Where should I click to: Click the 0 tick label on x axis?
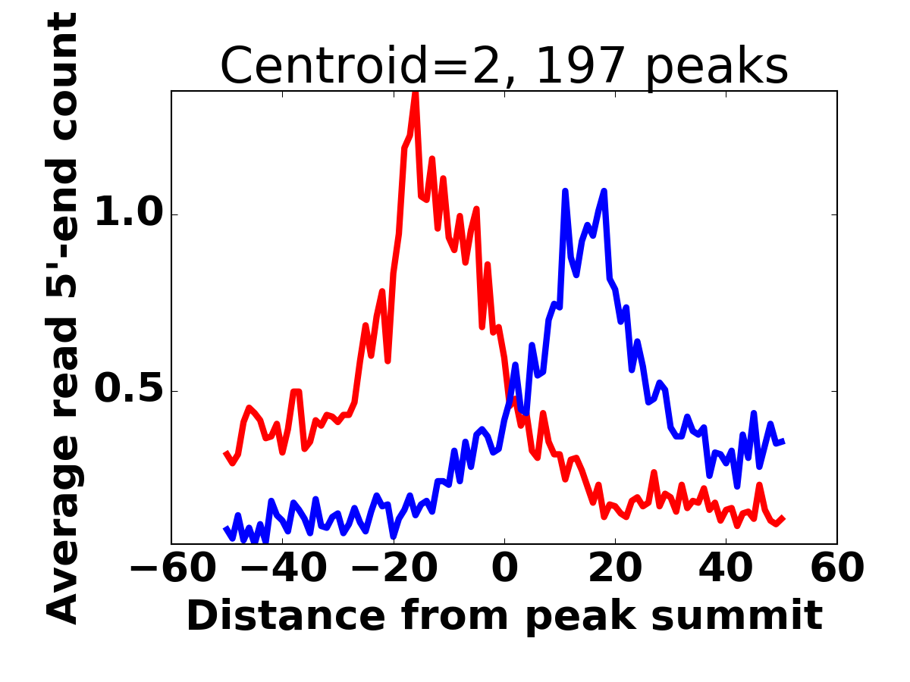[x=504, y=568]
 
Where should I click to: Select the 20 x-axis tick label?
[x=615, y=568]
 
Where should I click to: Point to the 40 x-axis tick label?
[x=726, y=568]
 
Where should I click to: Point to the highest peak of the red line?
[x=416, y=93]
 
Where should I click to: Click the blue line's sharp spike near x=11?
[x=565, y=191]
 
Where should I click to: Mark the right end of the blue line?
[x=782, y=441]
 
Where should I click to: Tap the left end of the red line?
[x=226, y=453]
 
